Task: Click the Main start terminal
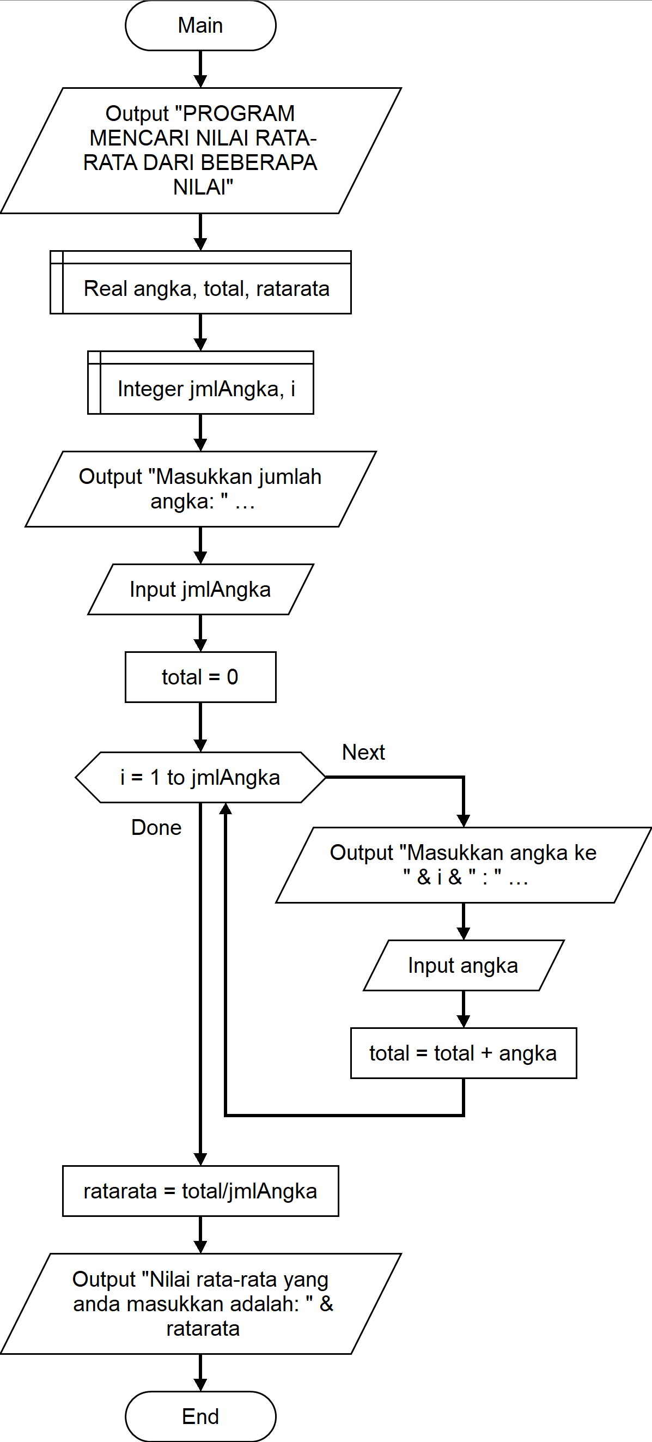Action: click(200, 25)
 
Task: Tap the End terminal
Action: click(200, 1416)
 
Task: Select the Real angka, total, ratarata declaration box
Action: click(200, 282)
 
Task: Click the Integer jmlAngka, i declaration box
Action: click(200, 383)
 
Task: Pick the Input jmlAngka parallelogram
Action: click(200, 590)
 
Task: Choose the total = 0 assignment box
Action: click(200, 677)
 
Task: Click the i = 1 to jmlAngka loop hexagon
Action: click(200, 777)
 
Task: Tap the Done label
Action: click(156, 827)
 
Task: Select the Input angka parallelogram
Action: click(464, 965)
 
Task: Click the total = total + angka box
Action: click(464, 1053)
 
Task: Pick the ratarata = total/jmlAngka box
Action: click(200, 1191)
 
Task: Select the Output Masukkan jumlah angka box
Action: click(200, 489)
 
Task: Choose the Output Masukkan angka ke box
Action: click(464, 865)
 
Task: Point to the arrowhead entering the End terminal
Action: click(200, 1385)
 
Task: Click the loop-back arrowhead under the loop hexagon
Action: click(226, 809)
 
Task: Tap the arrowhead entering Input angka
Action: click(464, 934)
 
